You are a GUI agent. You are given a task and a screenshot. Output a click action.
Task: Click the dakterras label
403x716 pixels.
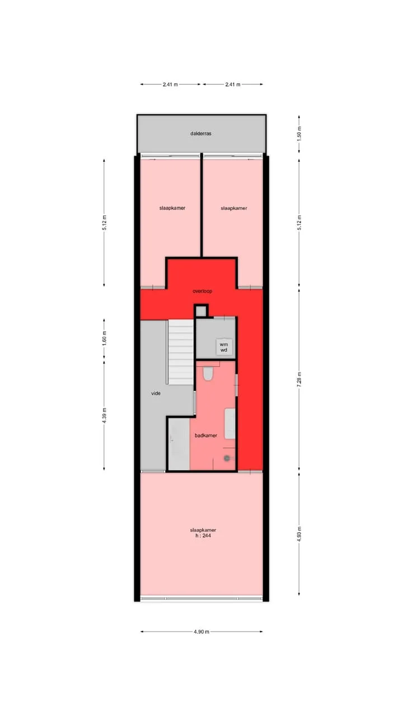pos(201,134)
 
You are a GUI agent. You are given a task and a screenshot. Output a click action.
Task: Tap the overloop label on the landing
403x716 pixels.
pos(202,291)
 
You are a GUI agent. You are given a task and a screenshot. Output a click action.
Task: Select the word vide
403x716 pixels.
pos(156,393)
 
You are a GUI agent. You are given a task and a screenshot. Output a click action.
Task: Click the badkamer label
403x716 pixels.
pos(206,435)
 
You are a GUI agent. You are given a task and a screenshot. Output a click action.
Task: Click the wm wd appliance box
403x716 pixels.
pos(224,347)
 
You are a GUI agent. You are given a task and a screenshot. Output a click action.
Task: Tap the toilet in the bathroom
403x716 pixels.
pos(208,373)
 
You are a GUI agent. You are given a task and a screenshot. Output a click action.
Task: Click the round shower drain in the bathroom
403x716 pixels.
pos(227,458)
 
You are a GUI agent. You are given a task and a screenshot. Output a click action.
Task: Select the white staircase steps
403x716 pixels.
pos(181,352)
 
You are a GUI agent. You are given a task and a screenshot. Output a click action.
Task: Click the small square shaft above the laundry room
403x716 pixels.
pos(201,310)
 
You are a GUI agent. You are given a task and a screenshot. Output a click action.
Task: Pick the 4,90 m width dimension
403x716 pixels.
pos(201,632)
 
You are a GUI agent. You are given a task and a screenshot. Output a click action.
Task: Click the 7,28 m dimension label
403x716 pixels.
pos(299,379)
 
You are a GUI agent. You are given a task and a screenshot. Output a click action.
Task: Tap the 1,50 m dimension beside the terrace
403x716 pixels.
pos(299,134)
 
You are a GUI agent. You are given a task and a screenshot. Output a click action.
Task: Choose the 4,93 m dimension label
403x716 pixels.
pos(299,534)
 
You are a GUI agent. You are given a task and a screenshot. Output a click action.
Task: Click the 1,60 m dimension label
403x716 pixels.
pos(104,338)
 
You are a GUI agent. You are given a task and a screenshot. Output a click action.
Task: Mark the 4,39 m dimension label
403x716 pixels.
pos(104,416)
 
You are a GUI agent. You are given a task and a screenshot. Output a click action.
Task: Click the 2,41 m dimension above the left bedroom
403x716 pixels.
pos(170,84)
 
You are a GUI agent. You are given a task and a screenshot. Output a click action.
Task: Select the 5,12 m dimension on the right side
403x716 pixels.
pos(299,223)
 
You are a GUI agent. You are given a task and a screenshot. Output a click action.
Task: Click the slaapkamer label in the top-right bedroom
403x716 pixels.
pos(234,208)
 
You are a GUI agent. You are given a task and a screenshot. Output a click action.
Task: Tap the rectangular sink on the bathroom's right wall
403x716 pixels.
pos(229,423)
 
